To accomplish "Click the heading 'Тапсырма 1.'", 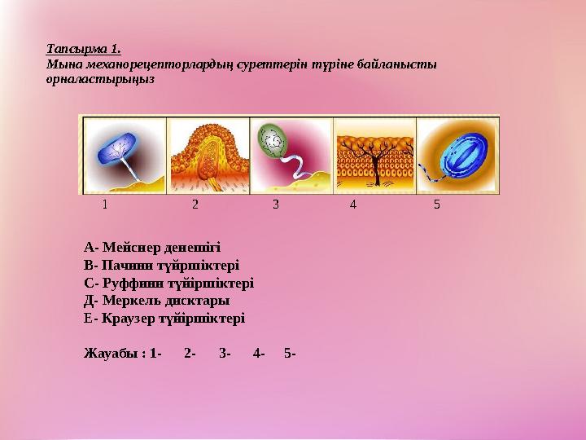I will [84, 49].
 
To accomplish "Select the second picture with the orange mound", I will [208, 155].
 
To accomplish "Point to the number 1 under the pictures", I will [104, 205].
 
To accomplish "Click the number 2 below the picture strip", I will [195, 205].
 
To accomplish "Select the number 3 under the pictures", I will [276, 205].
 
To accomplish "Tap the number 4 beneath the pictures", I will [352, 205].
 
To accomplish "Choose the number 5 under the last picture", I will [437, 205].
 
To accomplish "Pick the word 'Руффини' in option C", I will [126, 283].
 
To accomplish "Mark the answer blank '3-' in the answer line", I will [225, 354].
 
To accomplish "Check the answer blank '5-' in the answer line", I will [291, 354].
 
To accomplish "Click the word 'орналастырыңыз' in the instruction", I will [100, 80].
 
